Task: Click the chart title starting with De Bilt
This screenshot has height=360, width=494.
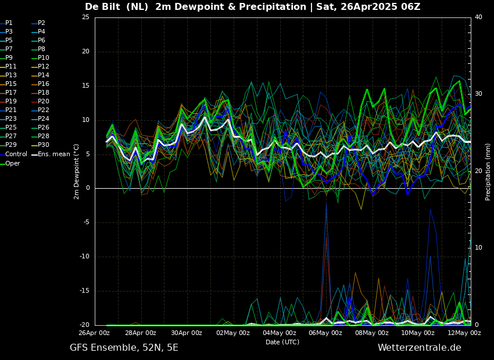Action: click(252, 7)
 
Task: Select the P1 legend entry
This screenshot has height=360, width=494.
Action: click(9, 23)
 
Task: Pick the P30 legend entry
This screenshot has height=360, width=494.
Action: click(44, 145)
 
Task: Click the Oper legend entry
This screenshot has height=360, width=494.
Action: click(12, 164)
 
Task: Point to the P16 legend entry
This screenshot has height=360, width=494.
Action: click(44, 84)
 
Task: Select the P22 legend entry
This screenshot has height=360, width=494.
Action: click(44, 110)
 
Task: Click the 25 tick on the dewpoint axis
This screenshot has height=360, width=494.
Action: click(85, 17)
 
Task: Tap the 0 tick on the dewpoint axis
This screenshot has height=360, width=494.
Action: click(88, 188)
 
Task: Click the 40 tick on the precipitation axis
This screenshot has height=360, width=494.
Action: click(478, 17)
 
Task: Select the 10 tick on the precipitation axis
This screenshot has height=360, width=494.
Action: click(478, 248)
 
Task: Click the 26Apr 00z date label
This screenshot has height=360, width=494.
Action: click(94, 333)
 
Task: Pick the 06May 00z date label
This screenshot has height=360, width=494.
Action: click(325, 333)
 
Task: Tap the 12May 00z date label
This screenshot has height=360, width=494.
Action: click(464, 333)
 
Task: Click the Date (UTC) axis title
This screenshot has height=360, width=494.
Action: click(282, 343)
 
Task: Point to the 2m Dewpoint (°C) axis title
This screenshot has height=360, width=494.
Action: click(77, 171)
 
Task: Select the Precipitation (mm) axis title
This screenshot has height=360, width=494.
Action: click(488, 172)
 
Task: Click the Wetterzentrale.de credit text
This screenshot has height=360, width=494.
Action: click(419, 348)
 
